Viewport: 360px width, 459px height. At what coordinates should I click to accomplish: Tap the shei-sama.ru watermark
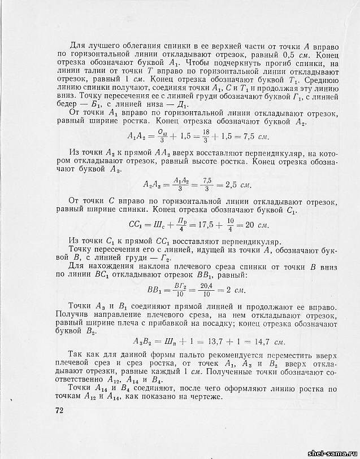(x=331, y=453)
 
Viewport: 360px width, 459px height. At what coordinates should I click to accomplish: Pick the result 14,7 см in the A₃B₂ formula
(x=261, y=342)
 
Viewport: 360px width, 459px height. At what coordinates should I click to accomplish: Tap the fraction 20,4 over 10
(x=207, y=291)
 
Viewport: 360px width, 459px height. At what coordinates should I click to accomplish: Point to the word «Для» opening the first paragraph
(x=77, y=45)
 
